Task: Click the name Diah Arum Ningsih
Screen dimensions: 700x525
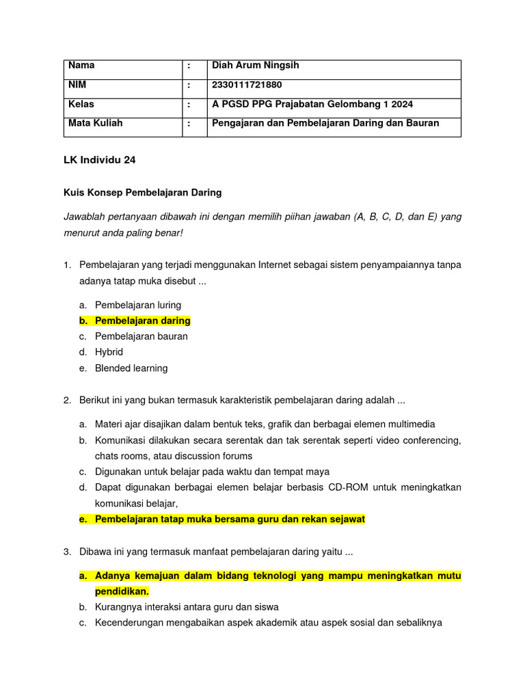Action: [x=256, y=66]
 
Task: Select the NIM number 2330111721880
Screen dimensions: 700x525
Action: [x=247, y=85]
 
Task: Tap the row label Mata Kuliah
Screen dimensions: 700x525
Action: [x=95, y=124]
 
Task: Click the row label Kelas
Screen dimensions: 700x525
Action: [x=81, y=105]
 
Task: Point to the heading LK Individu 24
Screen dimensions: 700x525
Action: [x=99, y=160]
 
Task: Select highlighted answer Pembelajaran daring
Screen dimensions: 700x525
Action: [x=142, y=321]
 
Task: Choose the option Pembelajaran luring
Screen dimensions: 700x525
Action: [x=138, y=305]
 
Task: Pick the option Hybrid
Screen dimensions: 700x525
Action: [x=109, y=352]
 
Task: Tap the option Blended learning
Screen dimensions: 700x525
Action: [x=131, y=368]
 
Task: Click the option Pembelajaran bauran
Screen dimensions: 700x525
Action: [x=141, y=336]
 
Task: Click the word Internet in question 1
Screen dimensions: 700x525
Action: [x=283, y=265]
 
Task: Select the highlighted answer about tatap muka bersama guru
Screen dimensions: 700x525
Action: [x=230, y=520]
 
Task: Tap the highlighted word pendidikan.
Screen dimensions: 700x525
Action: [x=122, y=591]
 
